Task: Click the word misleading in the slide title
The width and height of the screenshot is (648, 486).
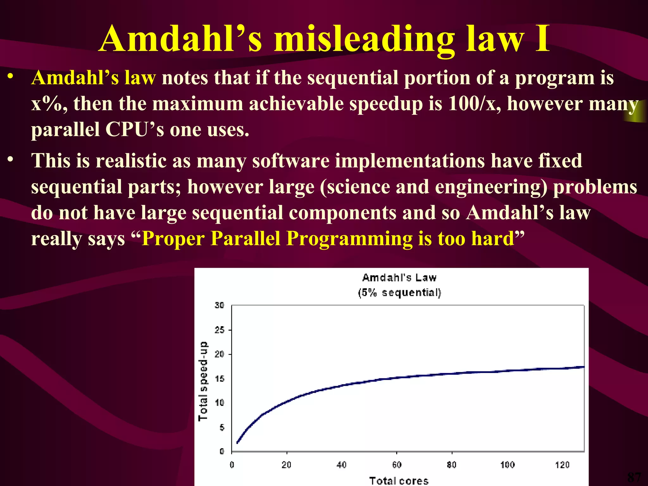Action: [x=364, y=40]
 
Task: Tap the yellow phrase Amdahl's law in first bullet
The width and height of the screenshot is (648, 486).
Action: [x=94, y=78]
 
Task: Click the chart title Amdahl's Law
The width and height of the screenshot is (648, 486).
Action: [x=399, y=278]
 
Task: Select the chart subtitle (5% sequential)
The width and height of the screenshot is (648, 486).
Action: [x=399, y=292]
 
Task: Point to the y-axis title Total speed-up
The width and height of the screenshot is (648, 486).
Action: [x=203, y=381]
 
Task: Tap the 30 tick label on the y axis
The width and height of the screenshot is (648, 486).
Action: [x=219, y=305]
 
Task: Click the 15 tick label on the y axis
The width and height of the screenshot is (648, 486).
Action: [x=219, y=379]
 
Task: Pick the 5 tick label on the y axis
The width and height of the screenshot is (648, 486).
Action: [x=222, y=427]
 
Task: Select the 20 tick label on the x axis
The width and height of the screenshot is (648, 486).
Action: [x=286, y=465]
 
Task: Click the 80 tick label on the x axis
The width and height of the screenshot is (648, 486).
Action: [x=452, y=465]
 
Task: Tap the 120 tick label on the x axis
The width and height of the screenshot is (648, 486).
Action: [x=562, y=465]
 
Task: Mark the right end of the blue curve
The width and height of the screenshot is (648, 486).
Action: [x=583, y=367]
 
